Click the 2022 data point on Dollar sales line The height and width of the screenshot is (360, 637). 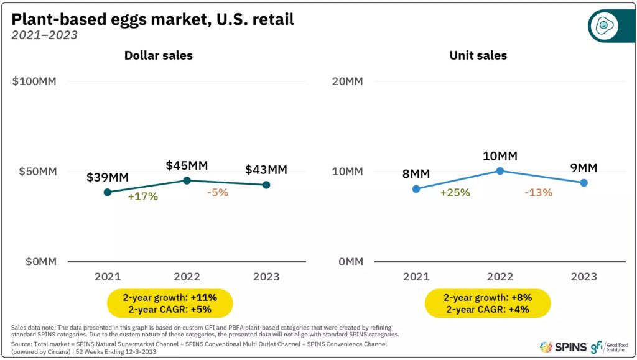point(187,180)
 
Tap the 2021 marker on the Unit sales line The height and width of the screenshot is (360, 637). point(416,189)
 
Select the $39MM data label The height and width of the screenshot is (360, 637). point(108,177)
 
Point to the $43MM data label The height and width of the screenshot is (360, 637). point(266,169)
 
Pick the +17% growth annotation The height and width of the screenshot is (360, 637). point(143,196)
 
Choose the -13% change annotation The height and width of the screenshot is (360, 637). point(538,192)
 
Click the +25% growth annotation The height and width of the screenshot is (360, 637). point(455,192)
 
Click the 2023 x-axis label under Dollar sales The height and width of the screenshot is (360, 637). point(266,277)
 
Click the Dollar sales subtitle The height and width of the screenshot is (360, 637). point(159,55)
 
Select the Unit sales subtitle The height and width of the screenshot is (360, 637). point(478,55)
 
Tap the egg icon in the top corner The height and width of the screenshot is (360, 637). point(603,25)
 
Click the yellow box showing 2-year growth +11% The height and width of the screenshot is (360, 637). point(170,303)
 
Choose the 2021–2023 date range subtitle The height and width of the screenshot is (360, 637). point(44,35)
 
